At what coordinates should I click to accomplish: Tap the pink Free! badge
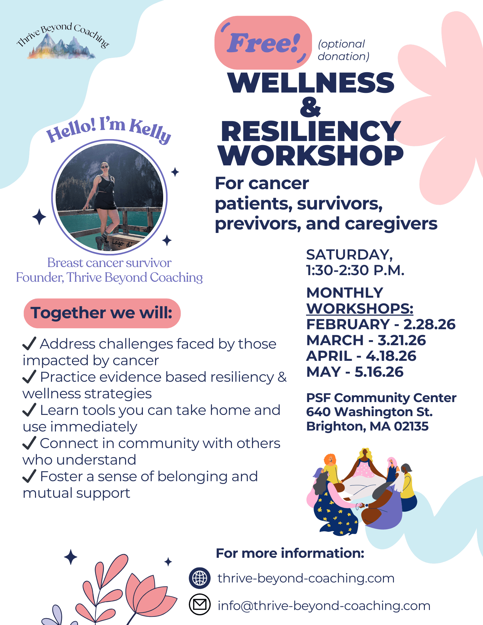click(263, 43)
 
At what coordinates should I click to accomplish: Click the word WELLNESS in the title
click(311, 83)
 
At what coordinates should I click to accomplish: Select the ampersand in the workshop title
click(310, 107)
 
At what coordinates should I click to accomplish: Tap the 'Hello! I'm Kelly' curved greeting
click(109, 130)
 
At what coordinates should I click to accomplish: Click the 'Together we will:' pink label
click(102, 313)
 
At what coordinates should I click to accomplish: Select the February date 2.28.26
click(429, 325)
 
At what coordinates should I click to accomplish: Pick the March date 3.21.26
click(402, 340)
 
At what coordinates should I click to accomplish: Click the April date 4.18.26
click(391, 356)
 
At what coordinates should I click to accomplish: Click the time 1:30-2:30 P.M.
click(355, 270)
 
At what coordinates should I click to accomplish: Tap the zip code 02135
click(411, 426)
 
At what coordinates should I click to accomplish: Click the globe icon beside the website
click(199, 578)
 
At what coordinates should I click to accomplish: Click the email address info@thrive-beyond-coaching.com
click(324, 606)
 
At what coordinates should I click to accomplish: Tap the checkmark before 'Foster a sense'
click(29, 476)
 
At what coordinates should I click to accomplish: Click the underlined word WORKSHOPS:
click(360, 309)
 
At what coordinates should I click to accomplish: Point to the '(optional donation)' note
click(343, 50)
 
